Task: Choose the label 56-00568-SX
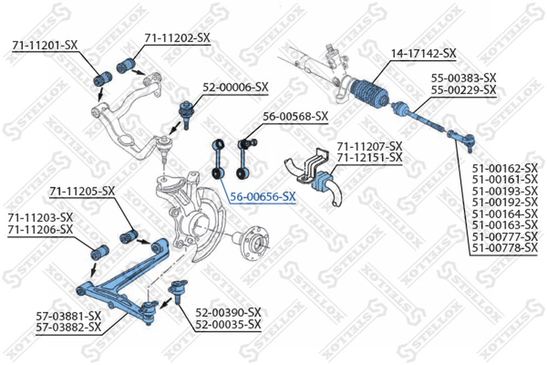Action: point(295,116)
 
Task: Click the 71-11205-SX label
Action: point(82,191)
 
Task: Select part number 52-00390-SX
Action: point(228,313)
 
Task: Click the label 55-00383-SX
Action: point(463,78)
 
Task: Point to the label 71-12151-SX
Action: point(369,158)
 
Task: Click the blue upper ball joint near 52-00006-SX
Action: point(185,109)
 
